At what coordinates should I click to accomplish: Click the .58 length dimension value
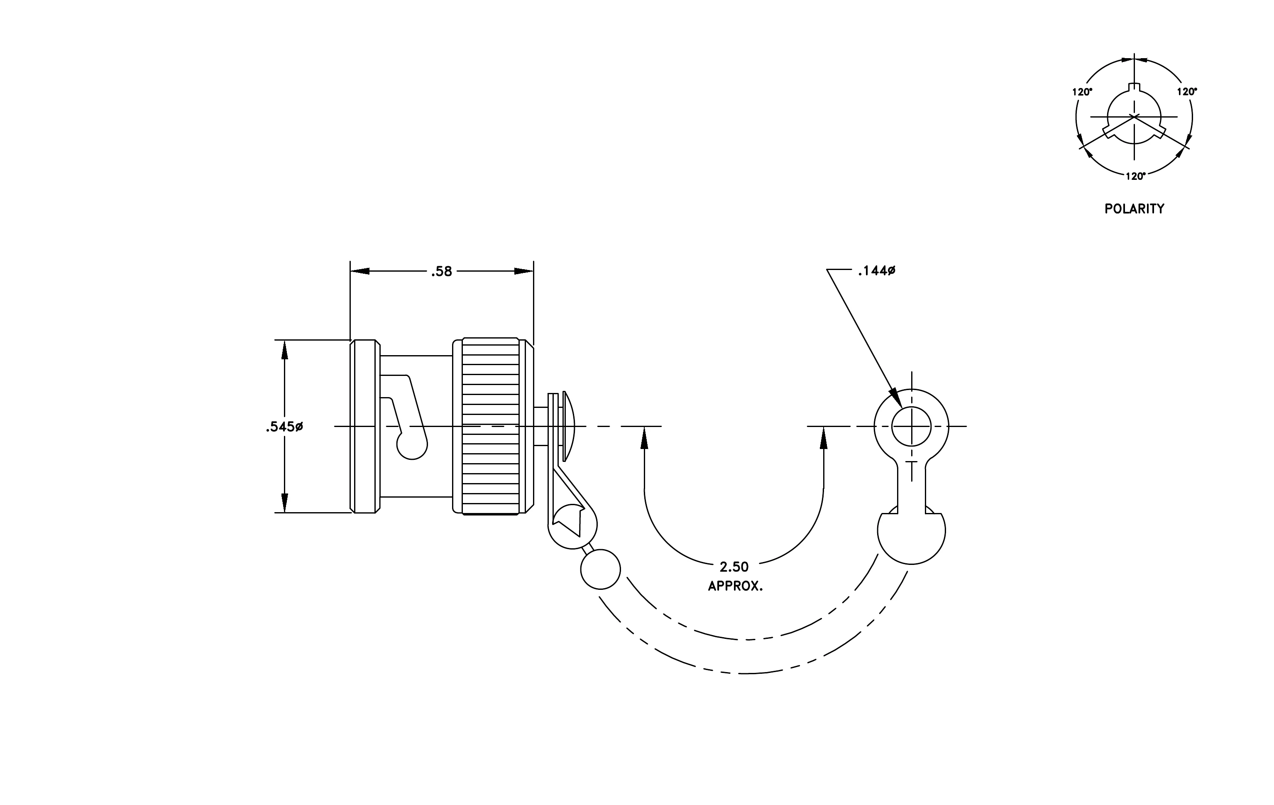tap(441, 272)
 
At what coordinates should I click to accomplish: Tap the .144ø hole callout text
tap(877, 271)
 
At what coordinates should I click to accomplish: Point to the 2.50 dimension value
tap(734, 567)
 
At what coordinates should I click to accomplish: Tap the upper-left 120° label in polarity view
tap(1083, 92)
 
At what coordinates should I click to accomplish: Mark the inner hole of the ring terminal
tap(911, 427)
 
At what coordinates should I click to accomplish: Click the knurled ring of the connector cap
tap(490, 426)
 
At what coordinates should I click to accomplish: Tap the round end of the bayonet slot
tap(412, 444)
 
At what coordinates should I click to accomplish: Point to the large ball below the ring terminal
tap(911, 531)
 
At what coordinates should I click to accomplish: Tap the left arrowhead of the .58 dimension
tap(360, 272)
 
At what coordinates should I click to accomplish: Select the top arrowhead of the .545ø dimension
tap(285, 350)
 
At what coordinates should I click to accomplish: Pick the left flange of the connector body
tap(365, 426)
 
